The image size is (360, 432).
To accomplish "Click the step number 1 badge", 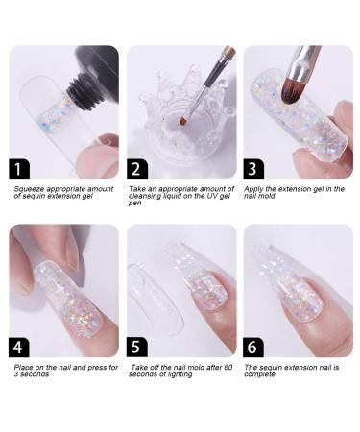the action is pyautogui.click(x=19, y=168).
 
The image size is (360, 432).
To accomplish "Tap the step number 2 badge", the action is pyautogui.click(x=137, y=168).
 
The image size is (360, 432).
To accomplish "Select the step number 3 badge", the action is pyautogui.click(x=253, y=168).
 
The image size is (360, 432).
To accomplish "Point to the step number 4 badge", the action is pyautogui.click(x=19, y=347).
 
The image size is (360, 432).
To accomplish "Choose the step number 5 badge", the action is pyautogui.click(x=137, y=347).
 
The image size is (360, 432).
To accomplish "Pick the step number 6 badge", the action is pyautogui.click(x=253, y=347).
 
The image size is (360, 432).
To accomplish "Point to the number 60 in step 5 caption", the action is pyautogui.click(x=228, y=367).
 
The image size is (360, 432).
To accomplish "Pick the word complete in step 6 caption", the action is pyautogui.click(x=259, y=374).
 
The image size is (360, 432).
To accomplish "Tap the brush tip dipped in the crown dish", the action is pyautogui.click(x=183, y=121).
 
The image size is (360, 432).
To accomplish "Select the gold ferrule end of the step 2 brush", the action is pyautogui.click(x=229, y=52).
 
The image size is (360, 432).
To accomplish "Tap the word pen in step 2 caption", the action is pyautogui.click(x=134, y=204).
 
